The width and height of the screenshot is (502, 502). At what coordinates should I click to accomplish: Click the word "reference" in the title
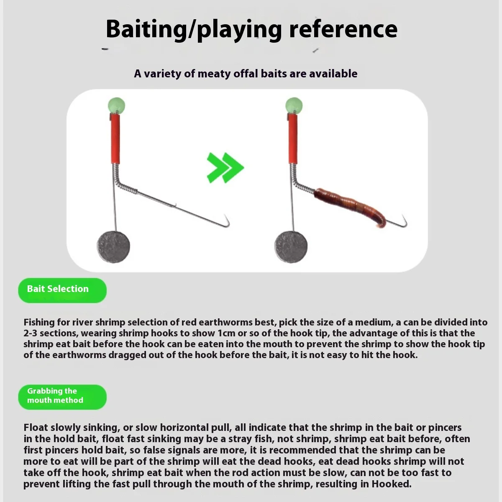tap(343, 29)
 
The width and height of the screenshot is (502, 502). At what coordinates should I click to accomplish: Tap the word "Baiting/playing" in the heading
tap(194, 30)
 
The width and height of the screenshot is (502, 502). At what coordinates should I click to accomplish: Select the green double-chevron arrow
tap(225, 167)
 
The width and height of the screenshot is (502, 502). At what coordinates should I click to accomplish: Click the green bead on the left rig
tap(116, 106)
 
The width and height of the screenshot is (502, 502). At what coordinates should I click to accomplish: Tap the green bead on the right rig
tap(294, 106)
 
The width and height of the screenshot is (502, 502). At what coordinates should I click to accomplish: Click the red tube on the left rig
tap(115, 139)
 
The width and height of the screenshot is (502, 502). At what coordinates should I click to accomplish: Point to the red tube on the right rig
tap(292, 139)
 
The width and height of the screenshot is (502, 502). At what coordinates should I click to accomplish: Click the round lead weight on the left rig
tap(113, 246)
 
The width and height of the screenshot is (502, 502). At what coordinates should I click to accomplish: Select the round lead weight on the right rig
tap(291, 246)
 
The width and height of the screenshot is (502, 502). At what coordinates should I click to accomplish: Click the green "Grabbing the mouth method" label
tap(62, 397)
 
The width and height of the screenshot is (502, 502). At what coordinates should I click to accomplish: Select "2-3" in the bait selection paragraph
tap(30, 333)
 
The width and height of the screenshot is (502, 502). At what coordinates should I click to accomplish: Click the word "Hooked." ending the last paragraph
tap(392, 484)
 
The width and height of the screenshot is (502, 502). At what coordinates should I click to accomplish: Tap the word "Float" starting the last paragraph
tap(36, 428)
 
